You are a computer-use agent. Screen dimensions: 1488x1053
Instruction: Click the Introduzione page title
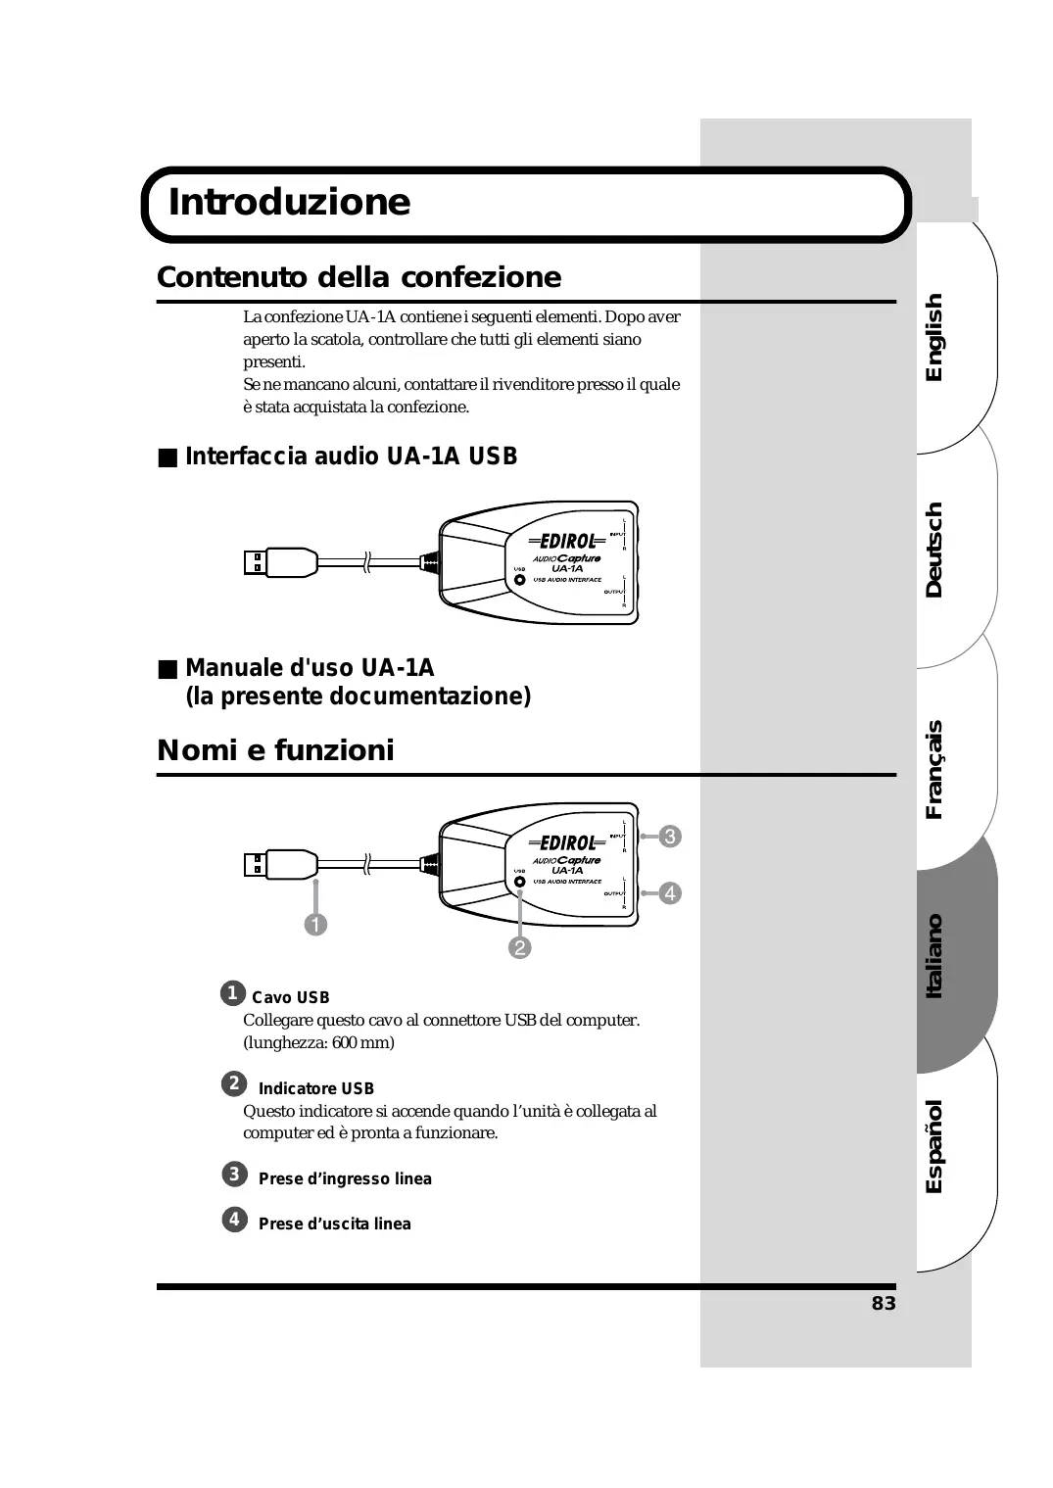290,202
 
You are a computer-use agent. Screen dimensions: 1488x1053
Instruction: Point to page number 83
884,1304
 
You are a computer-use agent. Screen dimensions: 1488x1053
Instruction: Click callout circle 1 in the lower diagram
315,924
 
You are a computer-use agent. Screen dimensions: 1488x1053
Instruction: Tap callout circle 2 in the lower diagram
519,947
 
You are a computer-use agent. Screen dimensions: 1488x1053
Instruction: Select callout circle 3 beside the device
670,837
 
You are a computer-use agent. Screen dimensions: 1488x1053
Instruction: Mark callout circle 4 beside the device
670,893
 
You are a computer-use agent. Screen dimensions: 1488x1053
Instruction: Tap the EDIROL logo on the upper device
567,542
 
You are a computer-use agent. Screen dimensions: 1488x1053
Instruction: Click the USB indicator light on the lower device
520,881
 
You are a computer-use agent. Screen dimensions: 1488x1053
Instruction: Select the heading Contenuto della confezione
359,277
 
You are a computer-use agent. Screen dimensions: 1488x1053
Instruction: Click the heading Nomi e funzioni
275,750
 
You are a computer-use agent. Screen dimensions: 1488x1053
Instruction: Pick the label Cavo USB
290,998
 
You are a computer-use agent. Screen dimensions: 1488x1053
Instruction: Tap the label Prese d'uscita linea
334,1224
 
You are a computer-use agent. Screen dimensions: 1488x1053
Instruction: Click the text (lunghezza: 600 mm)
318,1042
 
